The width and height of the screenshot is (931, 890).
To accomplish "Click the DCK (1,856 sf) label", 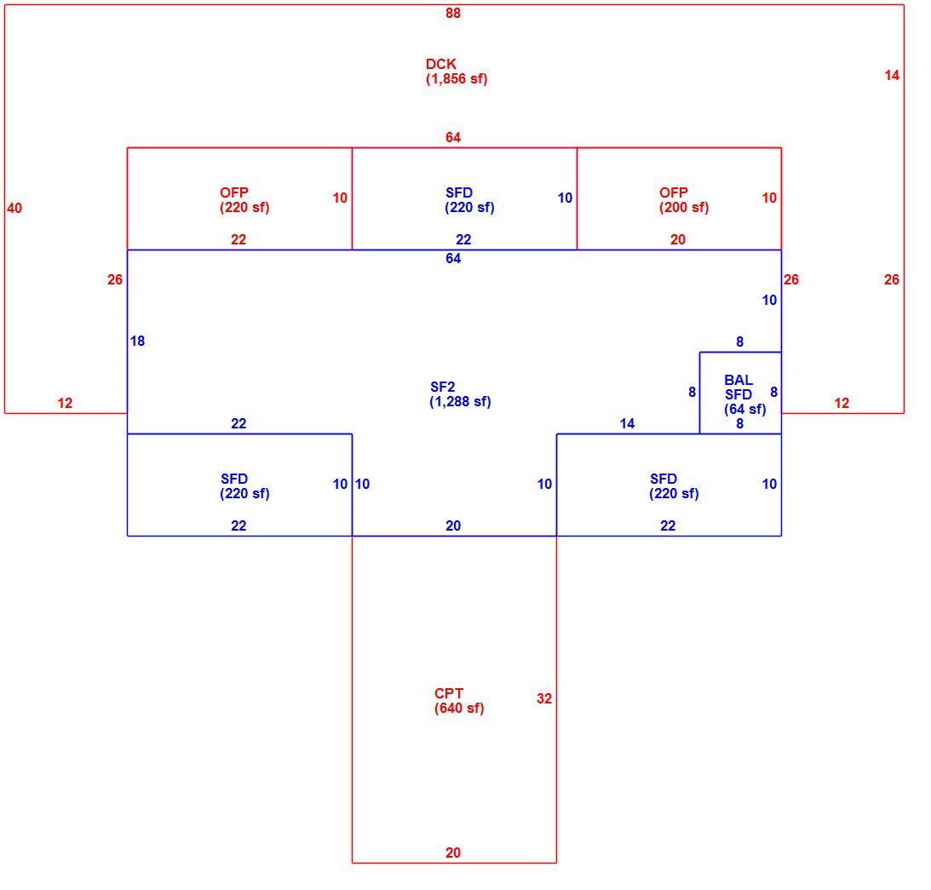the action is (x=457, y=72).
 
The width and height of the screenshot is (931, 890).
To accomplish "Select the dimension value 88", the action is (x=453, y=13).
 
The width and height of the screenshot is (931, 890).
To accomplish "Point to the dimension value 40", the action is (x=14, y=208).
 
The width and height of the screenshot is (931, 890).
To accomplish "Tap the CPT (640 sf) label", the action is (x=459, y=701).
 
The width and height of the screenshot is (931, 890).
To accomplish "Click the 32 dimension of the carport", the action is (x=544, y=698).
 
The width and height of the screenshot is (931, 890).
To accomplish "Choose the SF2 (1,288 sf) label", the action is (x=460, y=394).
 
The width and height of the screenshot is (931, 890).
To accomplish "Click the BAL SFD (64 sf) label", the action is (x=744, y=394).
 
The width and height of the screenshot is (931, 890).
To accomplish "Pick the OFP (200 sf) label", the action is (x=684, y=200).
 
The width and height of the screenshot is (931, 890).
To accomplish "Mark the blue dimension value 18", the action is (x=137, y=341).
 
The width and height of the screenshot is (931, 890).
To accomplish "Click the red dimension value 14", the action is (x=892, y=76).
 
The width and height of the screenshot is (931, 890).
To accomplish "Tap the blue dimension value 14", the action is (x=627, y=423).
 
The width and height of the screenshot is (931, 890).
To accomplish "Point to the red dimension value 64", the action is (x=453, y=137).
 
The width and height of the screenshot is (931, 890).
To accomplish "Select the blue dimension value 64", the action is (x=453, y=258).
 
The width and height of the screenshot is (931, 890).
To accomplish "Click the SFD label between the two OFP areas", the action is (x=469, y=200).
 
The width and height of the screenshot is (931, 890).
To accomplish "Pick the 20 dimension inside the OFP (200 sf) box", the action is (x=678, y=239).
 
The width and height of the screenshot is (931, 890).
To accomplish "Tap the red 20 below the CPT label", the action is (x=453, y=853).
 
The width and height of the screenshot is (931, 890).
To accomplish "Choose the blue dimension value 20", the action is (x=453, y=525).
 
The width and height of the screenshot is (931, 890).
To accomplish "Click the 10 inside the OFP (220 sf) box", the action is (x=340, y=198).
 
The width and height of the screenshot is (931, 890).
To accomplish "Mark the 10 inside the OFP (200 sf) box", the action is (x=769, y=198).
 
